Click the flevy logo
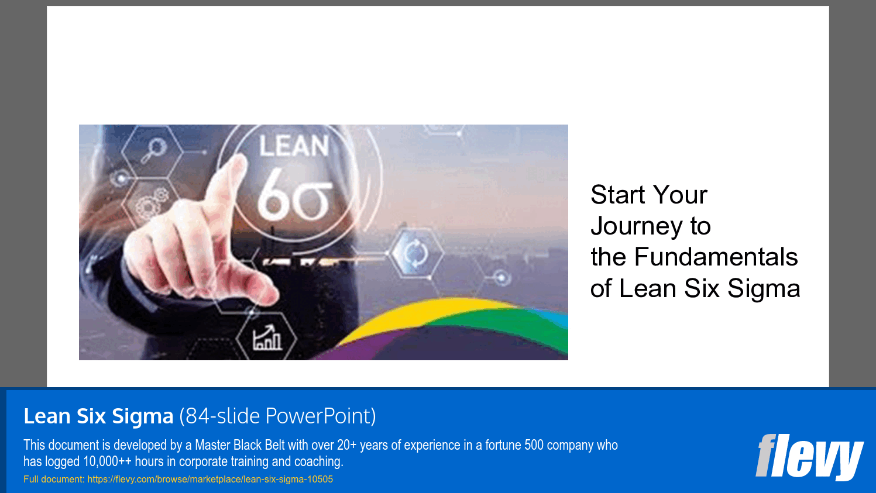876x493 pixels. coord(809,457)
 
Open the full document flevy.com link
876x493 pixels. coord(210,480)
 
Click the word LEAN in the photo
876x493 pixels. coord(294,146)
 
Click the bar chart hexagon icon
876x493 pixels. coord(267,337)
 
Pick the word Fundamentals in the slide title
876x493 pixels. coord(716,257)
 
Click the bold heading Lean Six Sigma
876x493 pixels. coord(98,416)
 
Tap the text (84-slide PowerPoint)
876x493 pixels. coord(277,416)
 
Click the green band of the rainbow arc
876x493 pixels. coord(515,327)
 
